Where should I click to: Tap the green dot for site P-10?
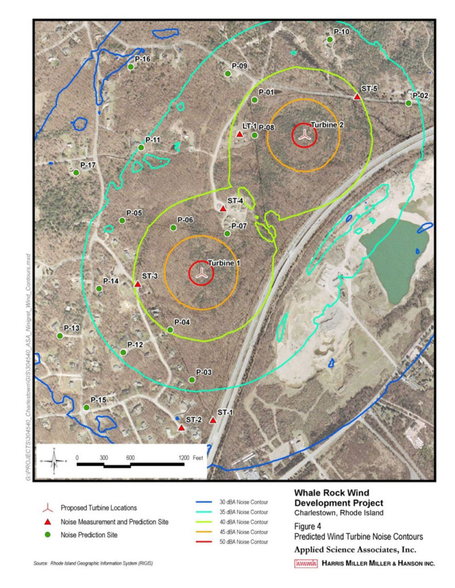coord(330,40)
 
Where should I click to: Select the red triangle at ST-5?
coord(357,97)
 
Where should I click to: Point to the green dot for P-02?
coord(408,103)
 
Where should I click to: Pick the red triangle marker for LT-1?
coord(239,134)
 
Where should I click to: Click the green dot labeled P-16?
coord(131,67)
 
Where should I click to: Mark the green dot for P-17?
coord(76,172)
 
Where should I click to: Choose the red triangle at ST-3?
coord(137,284)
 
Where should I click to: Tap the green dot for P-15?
coord(86,407)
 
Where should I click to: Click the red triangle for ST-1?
coord(213,420)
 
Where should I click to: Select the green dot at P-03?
coord(192,380)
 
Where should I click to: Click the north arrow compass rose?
coord(54,461)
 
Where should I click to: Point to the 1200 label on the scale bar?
coord(184,458)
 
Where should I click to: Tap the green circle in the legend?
coord(49,535)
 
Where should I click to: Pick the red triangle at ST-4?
coord(223,208)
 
